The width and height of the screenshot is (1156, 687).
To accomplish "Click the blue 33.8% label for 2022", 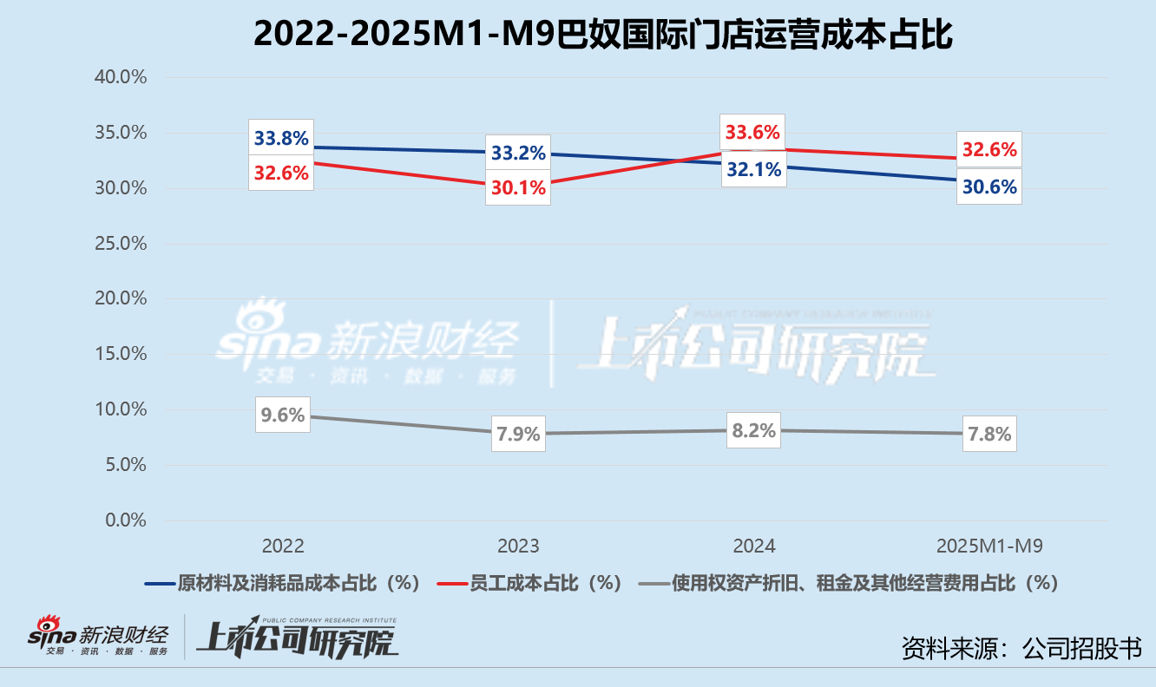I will point(281,138).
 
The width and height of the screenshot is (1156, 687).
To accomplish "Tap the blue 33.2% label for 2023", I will point(518,154).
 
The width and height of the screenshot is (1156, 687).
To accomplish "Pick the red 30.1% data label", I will point(518,187).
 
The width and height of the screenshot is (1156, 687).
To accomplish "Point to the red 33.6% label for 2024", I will point(752,133).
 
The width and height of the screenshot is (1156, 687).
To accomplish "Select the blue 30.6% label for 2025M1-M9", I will point(989,186).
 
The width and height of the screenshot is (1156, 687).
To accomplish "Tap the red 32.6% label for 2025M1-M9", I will point(989,149).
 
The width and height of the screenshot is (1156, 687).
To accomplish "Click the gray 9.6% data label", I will point(283,415).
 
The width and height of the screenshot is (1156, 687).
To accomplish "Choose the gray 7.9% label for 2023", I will point(518,434).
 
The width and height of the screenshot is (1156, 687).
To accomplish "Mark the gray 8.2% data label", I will point(753,430).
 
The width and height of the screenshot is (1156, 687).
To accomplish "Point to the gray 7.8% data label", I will point(989,434).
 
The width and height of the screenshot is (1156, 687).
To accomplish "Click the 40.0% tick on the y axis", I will point(120,77).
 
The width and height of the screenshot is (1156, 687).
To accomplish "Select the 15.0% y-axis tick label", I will point(120,354).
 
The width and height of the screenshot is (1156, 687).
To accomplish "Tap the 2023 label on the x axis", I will point(518,546).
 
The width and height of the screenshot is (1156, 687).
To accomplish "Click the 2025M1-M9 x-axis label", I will point(989,546).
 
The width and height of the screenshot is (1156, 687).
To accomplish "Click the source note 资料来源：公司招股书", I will point(1021,647).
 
